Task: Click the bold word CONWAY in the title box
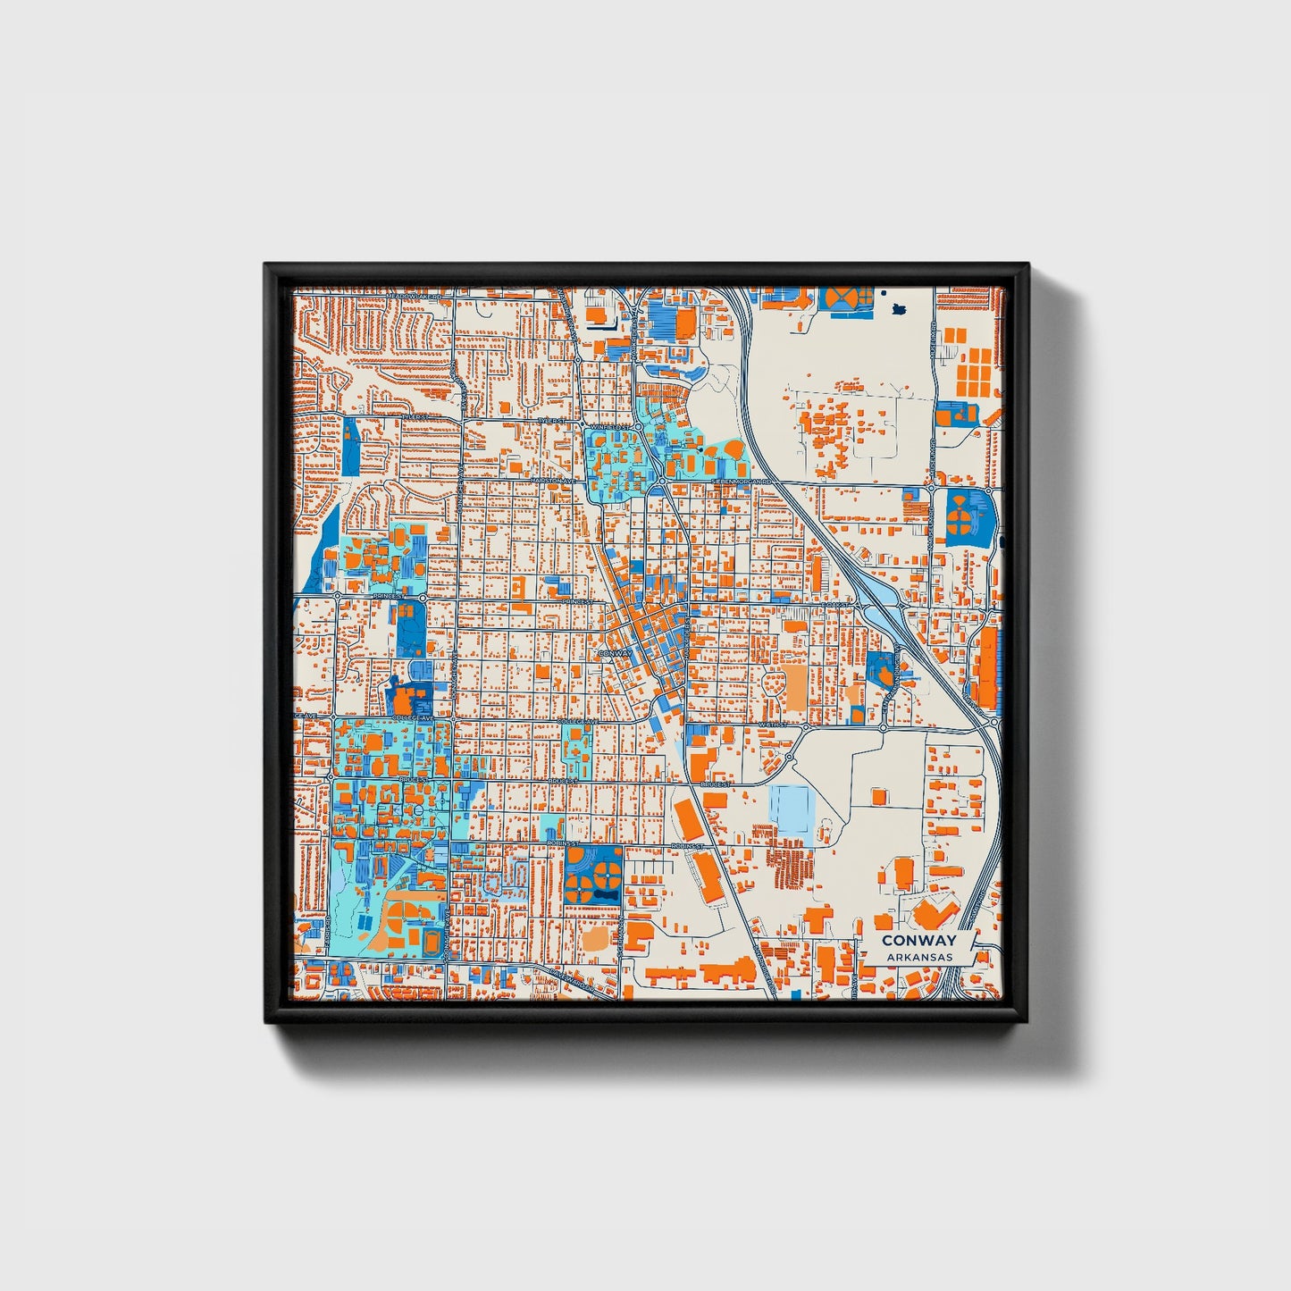pyautogui.click(x=918, y=940)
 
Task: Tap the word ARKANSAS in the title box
pyautogui.click(x=919, y=957)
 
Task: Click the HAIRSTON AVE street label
pyautogui.click(x=552, y=481)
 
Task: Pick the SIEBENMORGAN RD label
pyautogui.click(x=741, y=481)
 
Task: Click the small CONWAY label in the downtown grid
pyautogui.click(x=615, y=653)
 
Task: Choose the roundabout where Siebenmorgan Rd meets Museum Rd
pyautogui.click(x=932, y=487)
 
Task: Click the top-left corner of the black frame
pyautogui.click(x=265, y=264)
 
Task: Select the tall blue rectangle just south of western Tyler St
pyautogui.click(x=350, y=447)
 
